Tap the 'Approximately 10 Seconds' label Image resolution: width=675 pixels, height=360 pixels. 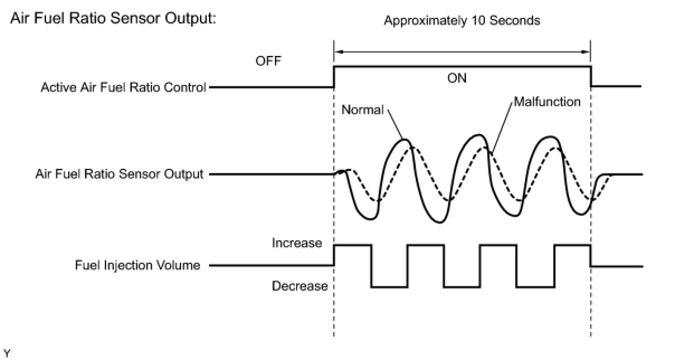pyautogui.click(x=462, y=21)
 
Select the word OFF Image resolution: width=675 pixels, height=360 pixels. pyautogui.click(x=269, y=61)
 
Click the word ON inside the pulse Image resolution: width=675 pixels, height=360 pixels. pyautogui.click(x=457, y=78)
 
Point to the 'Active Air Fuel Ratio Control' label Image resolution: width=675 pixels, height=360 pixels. pyautogui.click(x=123, y=88)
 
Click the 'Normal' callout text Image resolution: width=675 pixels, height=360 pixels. pyautogui.click(x=362, y=110)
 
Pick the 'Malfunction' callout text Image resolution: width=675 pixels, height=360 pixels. pyautogui.click(x=547, y=102)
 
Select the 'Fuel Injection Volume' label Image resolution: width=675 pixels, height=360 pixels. pyautogui.click(x=137, y=266)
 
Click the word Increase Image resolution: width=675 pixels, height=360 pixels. pyautogui.click(x=297, y=243)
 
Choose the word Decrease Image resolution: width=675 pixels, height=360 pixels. pyautogui.click(x=300, y=286)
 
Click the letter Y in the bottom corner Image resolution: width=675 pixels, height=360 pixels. pyautogui.click(x=7, y=352)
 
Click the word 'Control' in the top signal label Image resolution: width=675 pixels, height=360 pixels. pyautogui.click(x=187, y=88)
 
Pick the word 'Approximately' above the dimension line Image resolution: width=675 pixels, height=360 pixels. pyautogui.click(x=423, y=21)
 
